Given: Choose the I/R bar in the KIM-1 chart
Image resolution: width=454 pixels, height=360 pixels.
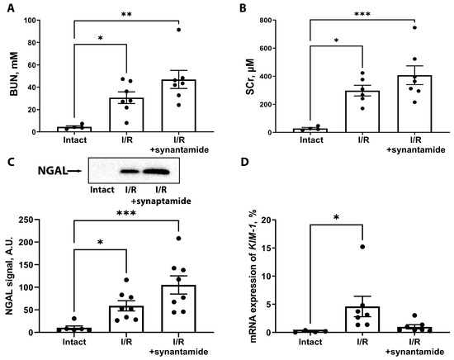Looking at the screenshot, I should (361, 320).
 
